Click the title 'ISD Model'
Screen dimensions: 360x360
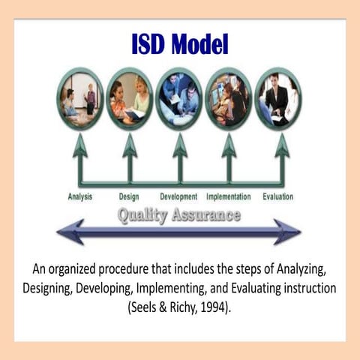pos(179,44)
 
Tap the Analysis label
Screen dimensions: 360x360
pos(79,196)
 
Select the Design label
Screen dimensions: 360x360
pos(129,196)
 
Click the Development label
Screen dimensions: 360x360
pos(178,196)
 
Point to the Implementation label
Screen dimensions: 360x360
pos(229,196)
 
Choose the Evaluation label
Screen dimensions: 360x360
pos(277,196)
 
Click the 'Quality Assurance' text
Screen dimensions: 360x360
pos(178,215)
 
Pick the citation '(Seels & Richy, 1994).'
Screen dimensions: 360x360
pos(179,305)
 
